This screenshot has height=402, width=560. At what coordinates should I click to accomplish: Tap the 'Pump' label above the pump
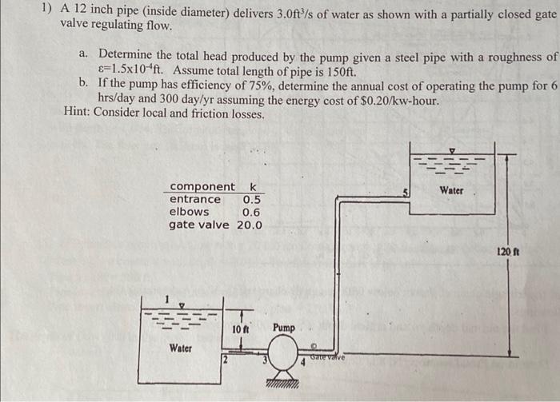tap(283, 328)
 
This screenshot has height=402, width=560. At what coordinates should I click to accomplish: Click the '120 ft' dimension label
tap(508, 252)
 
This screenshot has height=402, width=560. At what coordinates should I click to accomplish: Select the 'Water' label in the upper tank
tap(451, 191)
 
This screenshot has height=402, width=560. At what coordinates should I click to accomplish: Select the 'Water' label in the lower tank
tap(180, 348)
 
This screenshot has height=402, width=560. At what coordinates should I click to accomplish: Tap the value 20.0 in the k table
tap(249, 225)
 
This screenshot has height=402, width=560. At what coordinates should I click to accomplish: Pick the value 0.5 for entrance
tap(251, 199)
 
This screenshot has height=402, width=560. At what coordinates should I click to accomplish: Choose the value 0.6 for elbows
tap(251, 212)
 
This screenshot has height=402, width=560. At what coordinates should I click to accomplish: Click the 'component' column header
tap(202, 186)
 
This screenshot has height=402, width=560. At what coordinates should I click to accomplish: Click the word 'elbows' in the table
tap(190, 212)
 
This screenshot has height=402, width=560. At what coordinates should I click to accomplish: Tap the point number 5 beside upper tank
tap(406, 192)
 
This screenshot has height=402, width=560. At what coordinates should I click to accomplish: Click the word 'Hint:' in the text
tap(78, 113)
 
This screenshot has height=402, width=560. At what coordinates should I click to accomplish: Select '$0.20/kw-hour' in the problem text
tap(398, 99)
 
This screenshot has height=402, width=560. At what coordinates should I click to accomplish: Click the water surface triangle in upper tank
tap(452, 150)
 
